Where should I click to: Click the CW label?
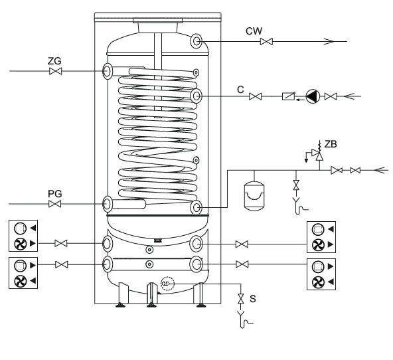point(254,31)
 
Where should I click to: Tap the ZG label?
point(54,61)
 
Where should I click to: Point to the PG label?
point(54,194)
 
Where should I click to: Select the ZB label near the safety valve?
point(331,144)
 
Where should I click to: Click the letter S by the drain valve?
point(253,299)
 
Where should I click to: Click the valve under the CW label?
point(266,41)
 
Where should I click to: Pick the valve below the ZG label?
point(55,71)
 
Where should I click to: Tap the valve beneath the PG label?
point(55,204)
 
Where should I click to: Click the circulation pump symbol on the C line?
point(313,96)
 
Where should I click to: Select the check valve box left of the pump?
point(289,96)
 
